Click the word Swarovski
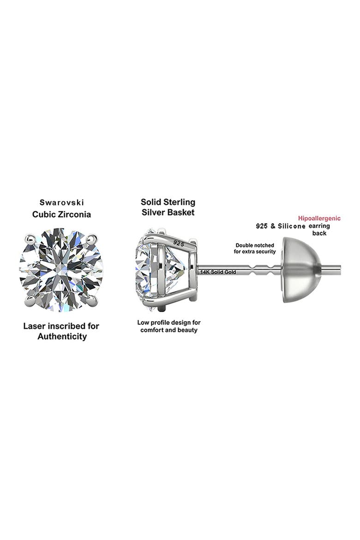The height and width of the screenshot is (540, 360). click(x=62, y=203)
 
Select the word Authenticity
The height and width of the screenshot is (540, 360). click(x=62, y=336)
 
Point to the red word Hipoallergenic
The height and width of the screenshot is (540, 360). click(x=319, y=218)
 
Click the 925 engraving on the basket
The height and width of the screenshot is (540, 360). click(x=179, y=244)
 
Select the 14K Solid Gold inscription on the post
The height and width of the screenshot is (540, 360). click(x=218, y=272)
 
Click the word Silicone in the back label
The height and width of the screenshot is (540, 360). click(x=291, y=226)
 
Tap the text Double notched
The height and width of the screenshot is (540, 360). click(x=255, y=245)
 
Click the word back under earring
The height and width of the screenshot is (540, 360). click(x=319, y=233)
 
